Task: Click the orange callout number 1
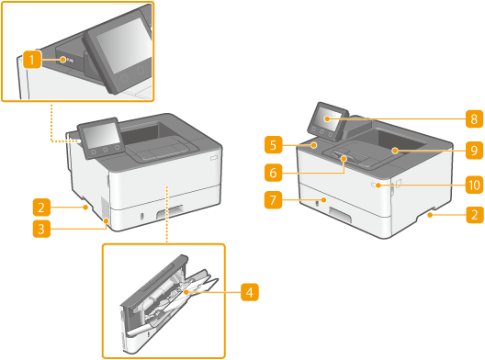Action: point(32,60)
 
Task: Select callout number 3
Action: point(41,230)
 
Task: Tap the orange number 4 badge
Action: point(250,292)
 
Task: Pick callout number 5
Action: point(273,144)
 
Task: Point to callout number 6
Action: point(273,173)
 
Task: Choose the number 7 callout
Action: point(273,200)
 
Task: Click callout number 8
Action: point(475,118)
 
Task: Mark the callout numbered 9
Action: point(475,151)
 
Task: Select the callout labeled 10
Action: point(475,185)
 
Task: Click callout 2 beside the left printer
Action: point(41,207)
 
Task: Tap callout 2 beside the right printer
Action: point(475,215)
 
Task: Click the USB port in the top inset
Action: point(70,60)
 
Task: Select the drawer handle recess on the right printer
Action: point(340,216)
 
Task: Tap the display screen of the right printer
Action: point(327,118)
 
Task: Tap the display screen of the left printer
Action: point(98,134)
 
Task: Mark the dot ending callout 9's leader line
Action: point(395,151)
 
